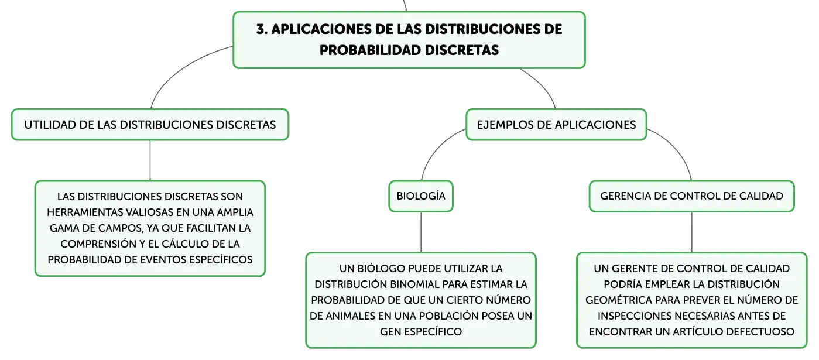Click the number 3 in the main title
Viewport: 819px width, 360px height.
[261, 29]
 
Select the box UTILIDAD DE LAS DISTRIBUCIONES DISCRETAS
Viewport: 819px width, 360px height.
[150, 125]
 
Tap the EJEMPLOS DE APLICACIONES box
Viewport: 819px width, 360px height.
[556, 125]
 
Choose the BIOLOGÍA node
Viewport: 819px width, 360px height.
[421, 196]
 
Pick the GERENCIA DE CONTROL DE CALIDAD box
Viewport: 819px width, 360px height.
[692, 196]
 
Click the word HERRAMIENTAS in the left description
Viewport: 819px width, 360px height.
[81, 212]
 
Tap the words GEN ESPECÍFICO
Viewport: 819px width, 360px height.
[421, 332]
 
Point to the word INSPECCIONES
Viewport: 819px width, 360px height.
[635, 316]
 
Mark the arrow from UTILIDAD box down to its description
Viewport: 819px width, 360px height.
[150, 160]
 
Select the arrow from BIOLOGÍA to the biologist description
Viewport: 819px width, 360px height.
[421, 232]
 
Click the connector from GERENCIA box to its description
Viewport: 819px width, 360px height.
[692, 232]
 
